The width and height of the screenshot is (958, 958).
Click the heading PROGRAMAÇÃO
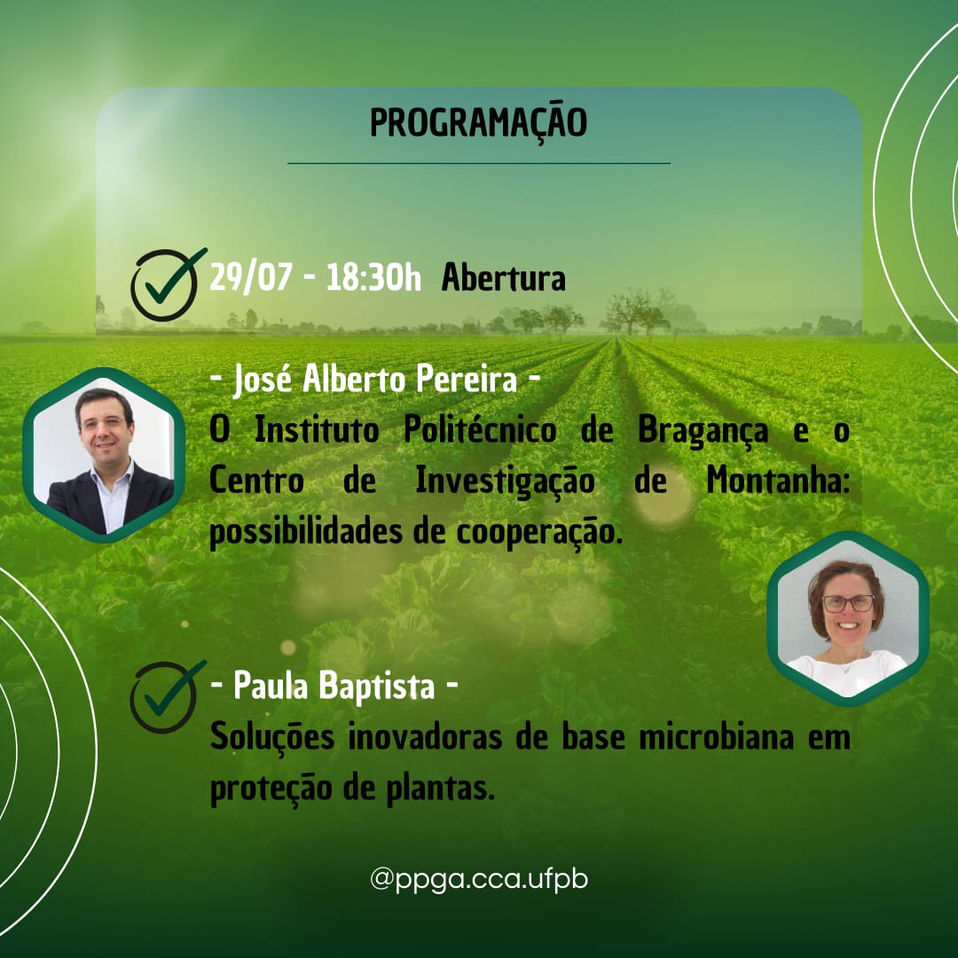click(x=478, y=123)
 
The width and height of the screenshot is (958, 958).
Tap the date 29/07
click(x=250, y=278)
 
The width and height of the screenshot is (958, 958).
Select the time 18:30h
click(x=373, y=278)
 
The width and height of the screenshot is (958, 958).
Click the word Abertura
click(x=504, y=278)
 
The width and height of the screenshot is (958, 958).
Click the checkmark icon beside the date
click(x=167, y=284)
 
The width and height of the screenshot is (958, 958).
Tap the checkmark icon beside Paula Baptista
click(x=167, y=696)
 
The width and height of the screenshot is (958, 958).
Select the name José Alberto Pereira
click(x=375, y=379)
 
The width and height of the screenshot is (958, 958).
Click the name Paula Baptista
click(x=334, y=685)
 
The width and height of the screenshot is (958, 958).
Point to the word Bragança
click(x=703, y=431)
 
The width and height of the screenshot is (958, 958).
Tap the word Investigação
click(x=505, y=482)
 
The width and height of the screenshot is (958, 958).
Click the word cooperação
click(x=539, y=533)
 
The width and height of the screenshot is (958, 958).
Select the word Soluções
click(x=272, y=737)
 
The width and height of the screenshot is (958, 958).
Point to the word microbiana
click(x=716, y=736)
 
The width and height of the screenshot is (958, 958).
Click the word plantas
click(x=440, y=789)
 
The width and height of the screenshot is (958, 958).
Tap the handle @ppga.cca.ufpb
click(x=479, y=880)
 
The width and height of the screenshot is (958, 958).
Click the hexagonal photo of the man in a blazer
click(x=104, y=455)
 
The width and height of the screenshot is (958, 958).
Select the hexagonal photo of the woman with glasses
click(x=848, y=618)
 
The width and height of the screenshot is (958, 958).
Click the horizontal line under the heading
click(x=479, y=163)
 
